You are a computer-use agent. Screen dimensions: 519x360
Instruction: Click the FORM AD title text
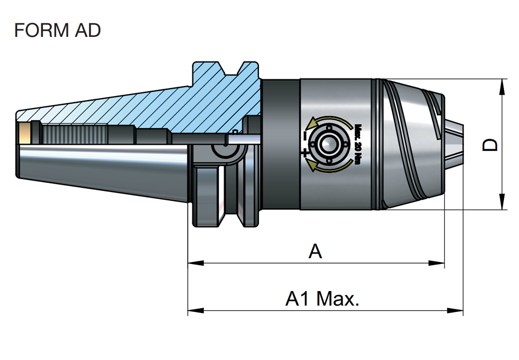[57, 30]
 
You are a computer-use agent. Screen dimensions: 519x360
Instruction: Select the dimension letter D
[490, 145]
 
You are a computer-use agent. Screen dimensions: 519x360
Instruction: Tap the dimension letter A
[315, 251]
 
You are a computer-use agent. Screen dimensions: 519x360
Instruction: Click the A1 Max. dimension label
[322, 298]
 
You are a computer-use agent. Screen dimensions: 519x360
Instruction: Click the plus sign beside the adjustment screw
[305, 153]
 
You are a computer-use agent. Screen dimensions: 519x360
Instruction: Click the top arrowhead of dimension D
[502, 87]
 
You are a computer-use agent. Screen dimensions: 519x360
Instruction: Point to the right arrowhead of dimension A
[436, 263]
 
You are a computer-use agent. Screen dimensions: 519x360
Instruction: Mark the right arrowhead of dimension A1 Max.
[455, 310]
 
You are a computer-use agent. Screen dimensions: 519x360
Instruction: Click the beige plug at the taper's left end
[24, 133]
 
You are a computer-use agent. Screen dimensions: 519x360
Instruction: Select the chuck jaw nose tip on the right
[454, 144]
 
